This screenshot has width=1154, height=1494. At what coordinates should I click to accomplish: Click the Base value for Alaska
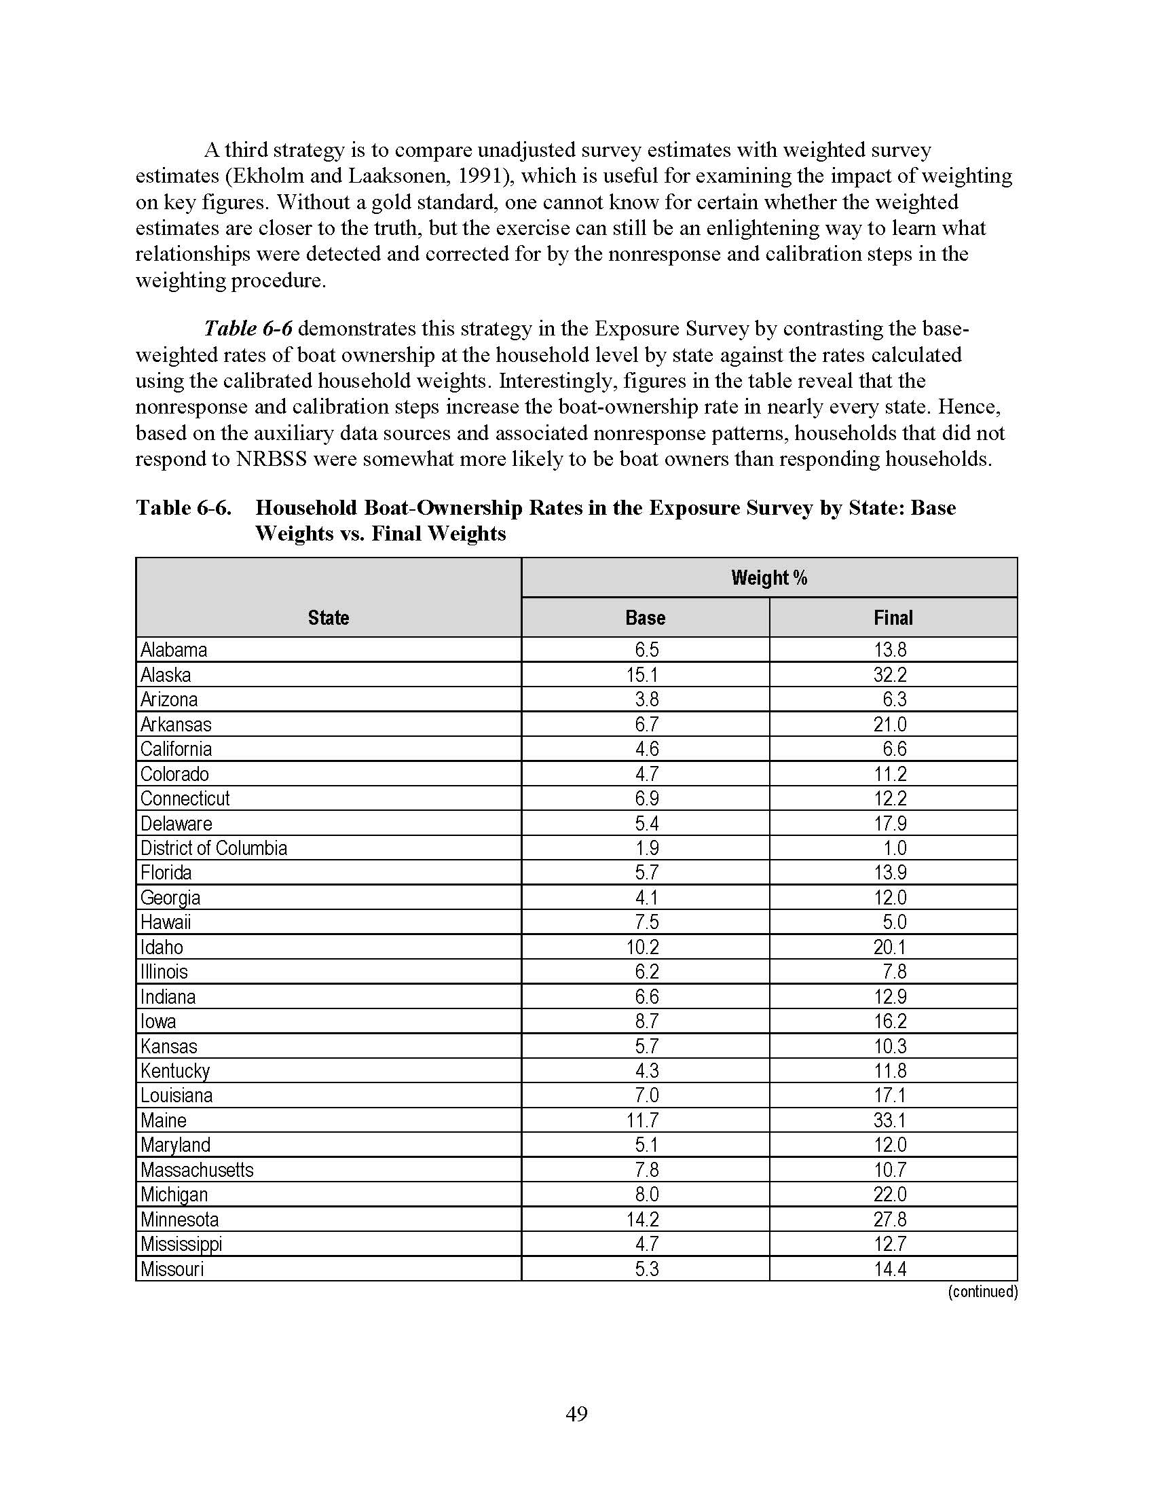[642, 675]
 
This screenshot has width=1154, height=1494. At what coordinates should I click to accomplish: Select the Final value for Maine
[889, 1120]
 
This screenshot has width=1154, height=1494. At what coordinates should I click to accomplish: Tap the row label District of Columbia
[213, 848]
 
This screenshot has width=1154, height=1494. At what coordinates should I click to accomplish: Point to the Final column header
[893, 618]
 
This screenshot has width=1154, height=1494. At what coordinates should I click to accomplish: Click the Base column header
[645, 618]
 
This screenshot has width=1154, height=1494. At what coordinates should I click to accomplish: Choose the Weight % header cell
[769, 578]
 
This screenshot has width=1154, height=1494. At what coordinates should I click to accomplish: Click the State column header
[328, 618]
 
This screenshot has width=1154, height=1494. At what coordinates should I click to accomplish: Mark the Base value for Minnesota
[642, 1220]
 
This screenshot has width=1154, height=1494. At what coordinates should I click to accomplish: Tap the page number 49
[577, 1413]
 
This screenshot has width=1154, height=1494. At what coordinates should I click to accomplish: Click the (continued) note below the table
[982, 1292]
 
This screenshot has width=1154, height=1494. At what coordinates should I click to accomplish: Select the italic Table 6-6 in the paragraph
[248, 329]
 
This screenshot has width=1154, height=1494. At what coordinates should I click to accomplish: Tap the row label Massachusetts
[197, 1170]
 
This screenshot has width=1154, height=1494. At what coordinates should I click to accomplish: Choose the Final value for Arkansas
[889, 725]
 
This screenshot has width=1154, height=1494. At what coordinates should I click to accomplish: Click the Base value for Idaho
[642, 947]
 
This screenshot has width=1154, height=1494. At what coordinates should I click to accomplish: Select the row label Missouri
[172, 1269]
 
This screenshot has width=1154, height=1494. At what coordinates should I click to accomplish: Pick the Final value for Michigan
[889, 1195]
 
